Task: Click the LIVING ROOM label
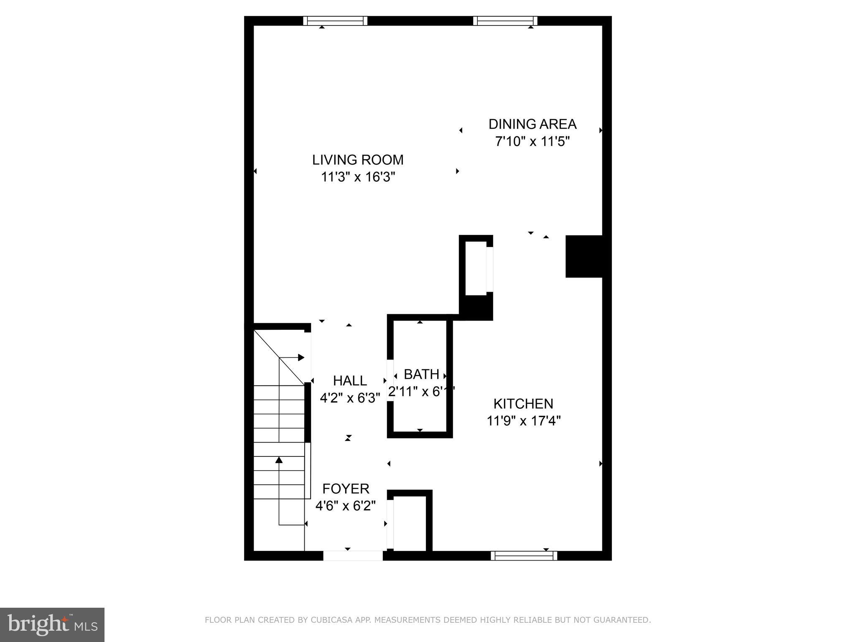[x=358, y=160]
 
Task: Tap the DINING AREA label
[x=532, y=124]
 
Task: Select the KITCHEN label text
[x=523, y=404]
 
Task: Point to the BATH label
[x=421, y=374]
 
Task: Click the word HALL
[x=350, y=381]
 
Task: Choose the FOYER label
[x=346, y=489]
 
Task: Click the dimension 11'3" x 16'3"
[x=358, y=177]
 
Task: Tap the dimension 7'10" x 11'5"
[x=532, y=142]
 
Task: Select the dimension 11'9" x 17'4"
[x=523, y=420]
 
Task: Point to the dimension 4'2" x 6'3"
[x=350, y=398]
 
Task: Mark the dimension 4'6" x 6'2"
[x=346, y=506]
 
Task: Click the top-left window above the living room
[x=335, y=21]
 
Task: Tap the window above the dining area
[x=505, y=21]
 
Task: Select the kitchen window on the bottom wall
[x=524, y=555]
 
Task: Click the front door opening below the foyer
[x=353, y=555]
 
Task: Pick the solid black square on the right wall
[x=583, y=256]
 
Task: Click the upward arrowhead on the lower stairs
[x=279, y=460]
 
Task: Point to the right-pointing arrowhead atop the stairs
[x=301, y=357]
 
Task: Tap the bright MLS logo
[x=52, y=625]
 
